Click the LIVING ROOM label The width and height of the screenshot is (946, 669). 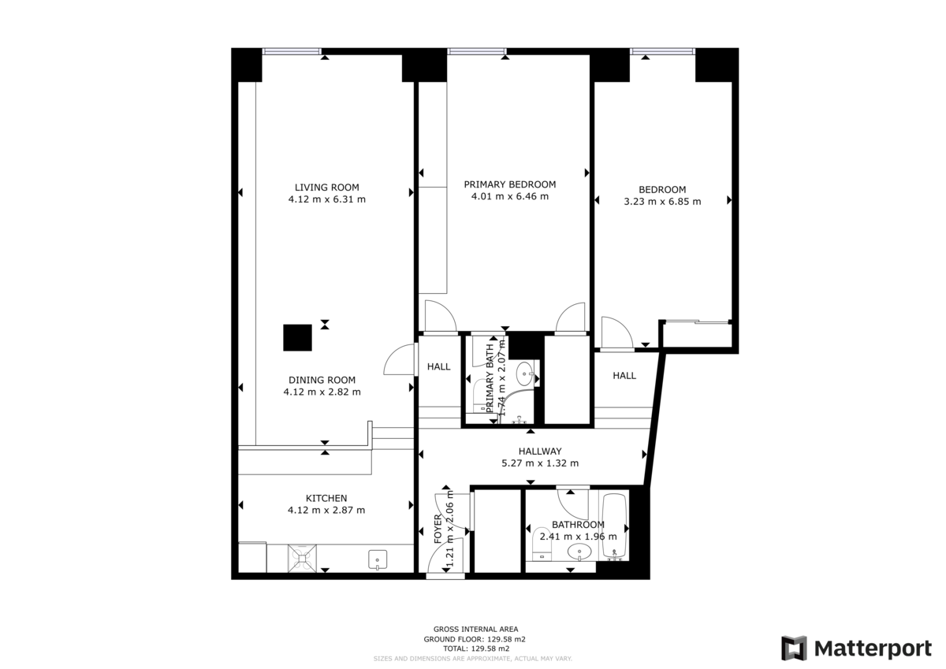pos(326,188)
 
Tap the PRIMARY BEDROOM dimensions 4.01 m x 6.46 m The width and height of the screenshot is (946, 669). pos(509,196)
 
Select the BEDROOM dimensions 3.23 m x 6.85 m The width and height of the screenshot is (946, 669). pos(662,201)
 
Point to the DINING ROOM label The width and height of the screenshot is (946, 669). pos(322,379)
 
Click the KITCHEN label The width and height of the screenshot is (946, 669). pos(326,498)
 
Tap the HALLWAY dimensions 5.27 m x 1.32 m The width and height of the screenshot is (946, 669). pos(540,463)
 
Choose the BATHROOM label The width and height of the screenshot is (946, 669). pos(578,525)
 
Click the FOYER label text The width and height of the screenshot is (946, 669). pos(439,530)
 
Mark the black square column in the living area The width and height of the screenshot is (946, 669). pos(298,338)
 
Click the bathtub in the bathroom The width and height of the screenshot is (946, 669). pos(614,526)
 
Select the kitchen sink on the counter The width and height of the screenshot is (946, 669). pos(378,560)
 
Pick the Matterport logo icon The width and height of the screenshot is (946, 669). pos(794,648)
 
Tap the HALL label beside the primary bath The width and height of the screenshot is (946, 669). pos(438,366)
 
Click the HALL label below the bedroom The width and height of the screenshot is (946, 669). pos(624,376)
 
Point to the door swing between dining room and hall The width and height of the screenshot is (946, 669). pos(399,360)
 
